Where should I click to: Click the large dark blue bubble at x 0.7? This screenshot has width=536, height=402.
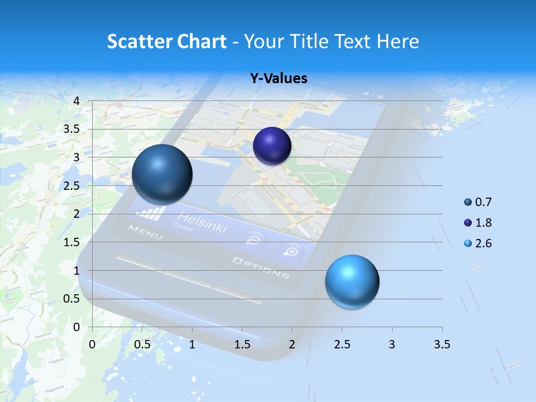tap(162, 174)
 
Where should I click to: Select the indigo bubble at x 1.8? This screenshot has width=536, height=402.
tap(272, 146)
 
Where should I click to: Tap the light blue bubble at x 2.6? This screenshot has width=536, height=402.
tap(352, 281)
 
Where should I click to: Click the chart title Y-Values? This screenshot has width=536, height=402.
tap(279, 79)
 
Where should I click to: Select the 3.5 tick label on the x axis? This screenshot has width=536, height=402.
tap(442, 344)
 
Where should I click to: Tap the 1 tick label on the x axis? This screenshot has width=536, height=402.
tap(192, 344)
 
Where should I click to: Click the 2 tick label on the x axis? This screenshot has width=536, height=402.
tap(292, 344)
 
